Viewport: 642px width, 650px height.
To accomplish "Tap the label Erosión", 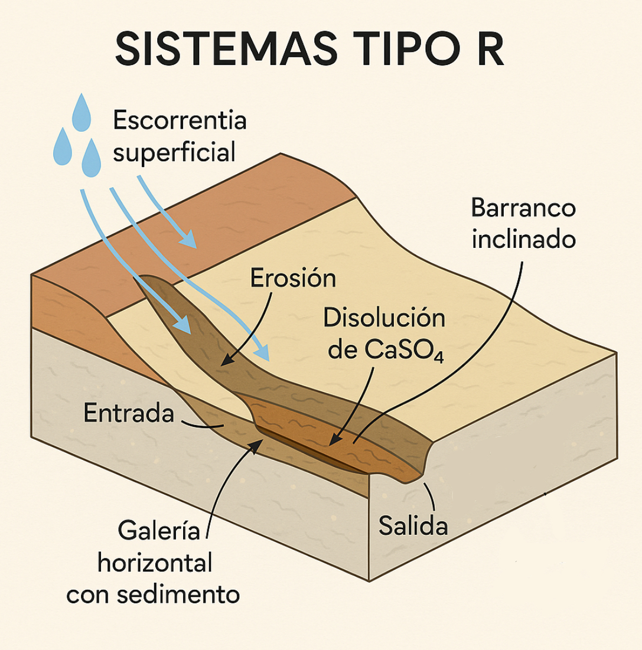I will [x=293, y=278].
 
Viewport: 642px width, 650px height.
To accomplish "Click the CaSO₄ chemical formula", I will [x=401, y=351].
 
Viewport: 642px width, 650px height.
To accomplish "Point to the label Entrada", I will [x=129, y=413].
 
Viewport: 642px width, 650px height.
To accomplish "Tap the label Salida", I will [x=413, y=525].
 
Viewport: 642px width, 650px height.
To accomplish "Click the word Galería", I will [x=156, y=531].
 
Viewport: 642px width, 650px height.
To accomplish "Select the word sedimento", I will [x=179, y=594].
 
